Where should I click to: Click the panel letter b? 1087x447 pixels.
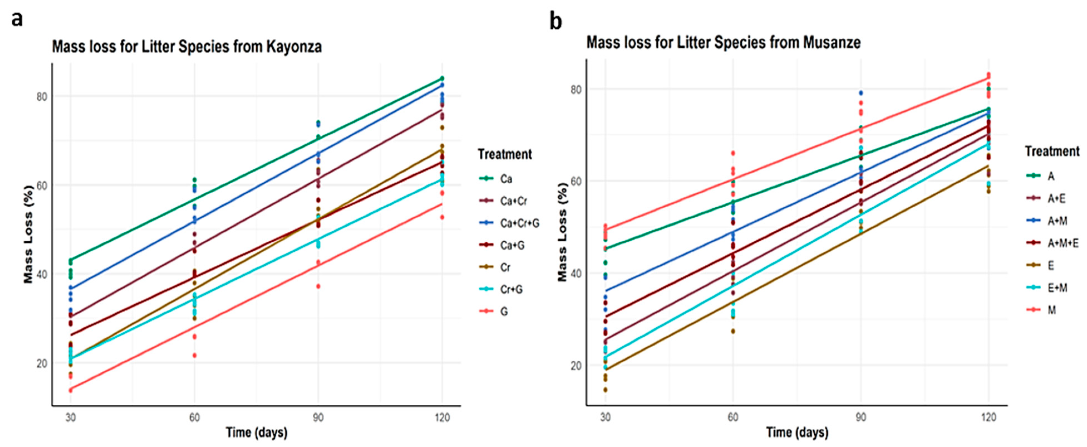pos(556,22)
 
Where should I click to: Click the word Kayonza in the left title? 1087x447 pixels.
pos(294,47)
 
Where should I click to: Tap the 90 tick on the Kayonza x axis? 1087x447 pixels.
pos(318,418)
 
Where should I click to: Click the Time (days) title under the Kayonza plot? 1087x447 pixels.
pos(257,433)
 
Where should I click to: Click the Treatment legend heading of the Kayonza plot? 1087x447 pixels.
pos(505,154)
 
